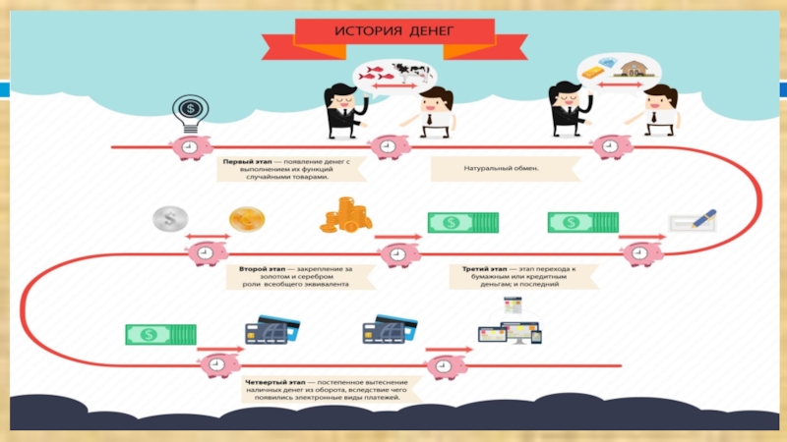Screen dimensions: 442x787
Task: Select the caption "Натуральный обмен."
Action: (x=495, y=168)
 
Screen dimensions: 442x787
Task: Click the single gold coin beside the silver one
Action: (x=247, y=220)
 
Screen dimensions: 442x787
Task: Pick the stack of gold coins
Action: (x=345, y=215)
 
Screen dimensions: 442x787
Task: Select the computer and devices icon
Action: (x=509, y=325)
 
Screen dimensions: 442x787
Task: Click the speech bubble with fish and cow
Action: (x=396, y=74)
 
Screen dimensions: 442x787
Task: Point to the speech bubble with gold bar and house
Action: (x=618, y=69)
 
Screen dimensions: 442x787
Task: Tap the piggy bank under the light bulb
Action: (x=190, y=147)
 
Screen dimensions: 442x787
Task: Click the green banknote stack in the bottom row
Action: (x=160, y=334)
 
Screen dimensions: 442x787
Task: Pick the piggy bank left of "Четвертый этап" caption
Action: (x=216, y=364)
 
